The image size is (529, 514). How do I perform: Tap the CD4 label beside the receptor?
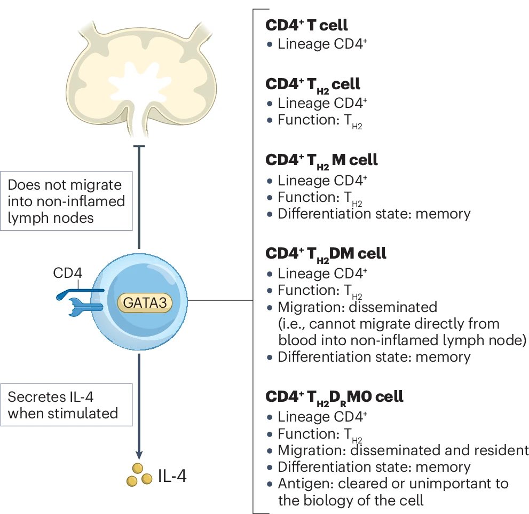(x=67, y=274)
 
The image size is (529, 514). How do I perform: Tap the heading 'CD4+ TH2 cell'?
(x=312, y=84)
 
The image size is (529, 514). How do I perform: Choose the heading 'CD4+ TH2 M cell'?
(x=321, y=160)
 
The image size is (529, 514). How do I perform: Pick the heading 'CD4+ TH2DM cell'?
(x=326, y=253)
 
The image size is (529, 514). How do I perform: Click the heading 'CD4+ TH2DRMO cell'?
(x=334, y=396)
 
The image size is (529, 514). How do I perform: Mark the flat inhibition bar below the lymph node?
(x=139, y=146)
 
